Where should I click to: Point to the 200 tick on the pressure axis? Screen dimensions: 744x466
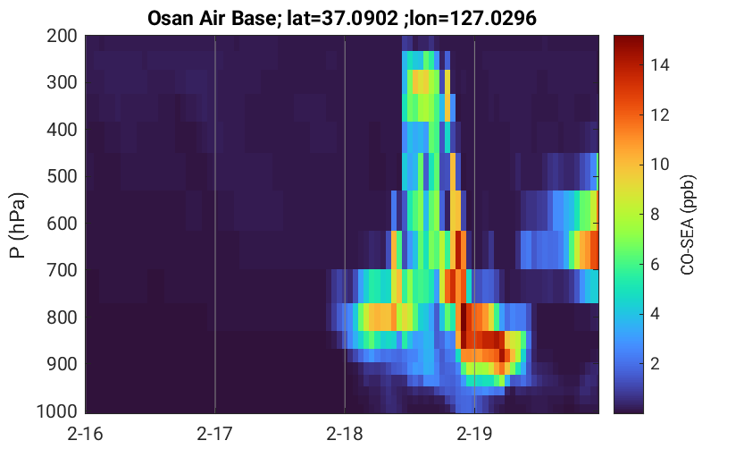(62, 36)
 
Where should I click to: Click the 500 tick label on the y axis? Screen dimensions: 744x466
(62, 176)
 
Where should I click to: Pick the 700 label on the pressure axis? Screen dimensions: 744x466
(62, 270)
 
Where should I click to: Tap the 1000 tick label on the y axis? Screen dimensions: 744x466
(57, 411)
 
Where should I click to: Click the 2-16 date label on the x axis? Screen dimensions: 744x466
(86, 434)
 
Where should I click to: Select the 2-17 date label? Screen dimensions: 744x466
(215, 434)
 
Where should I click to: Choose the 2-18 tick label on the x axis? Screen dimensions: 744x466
(345, 434)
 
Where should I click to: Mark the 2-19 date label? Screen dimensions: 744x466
(474, 434)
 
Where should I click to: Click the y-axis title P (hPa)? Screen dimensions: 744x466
(18, 225)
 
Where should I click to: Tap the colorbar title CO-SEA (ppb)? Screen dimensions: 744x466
(688, 225)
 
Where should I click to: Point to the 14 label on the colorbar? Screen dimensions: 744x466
(659, 64)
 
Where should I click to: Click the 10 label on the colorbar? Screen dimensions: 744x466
(659, 165)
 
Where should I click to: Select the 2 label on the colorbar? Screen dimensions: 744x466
(655, 364)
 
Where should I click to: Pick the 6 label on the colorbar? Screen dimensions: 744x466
(655, 264)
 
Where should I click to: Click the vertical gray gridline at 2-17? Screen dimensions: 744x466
(215, 225)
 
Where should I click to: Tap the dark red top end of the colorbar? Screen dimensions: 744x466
(629, 39)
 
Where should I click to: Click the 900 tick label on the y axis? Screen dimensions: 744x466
(62, 364)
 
